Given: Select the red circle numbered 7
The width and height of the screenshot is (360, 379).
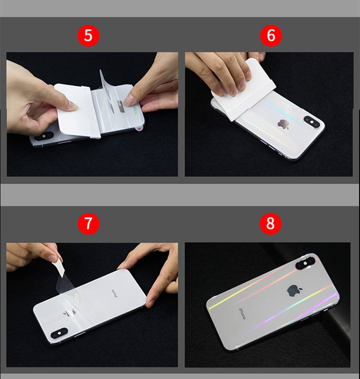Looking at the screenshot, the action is pos(88,223).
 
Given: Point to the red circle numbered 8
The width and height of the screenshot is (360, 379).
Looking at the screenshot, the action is pos(270,223).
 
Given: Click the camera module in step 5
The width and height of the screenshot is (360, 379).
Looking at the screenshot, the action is pos(44,136).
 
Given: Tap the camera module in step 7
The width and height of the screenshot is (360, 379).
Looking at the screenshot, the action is pos(59,333).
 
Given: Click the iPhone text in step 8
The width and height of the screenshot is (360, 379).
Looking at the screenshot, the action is pos(243,314).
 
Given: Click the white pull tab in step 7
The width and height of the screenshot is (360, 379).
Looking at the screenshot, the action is pos(58,266).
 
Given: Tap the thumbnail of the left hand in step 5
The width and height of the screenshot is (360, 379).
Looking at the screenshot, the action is pos(72,106).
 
